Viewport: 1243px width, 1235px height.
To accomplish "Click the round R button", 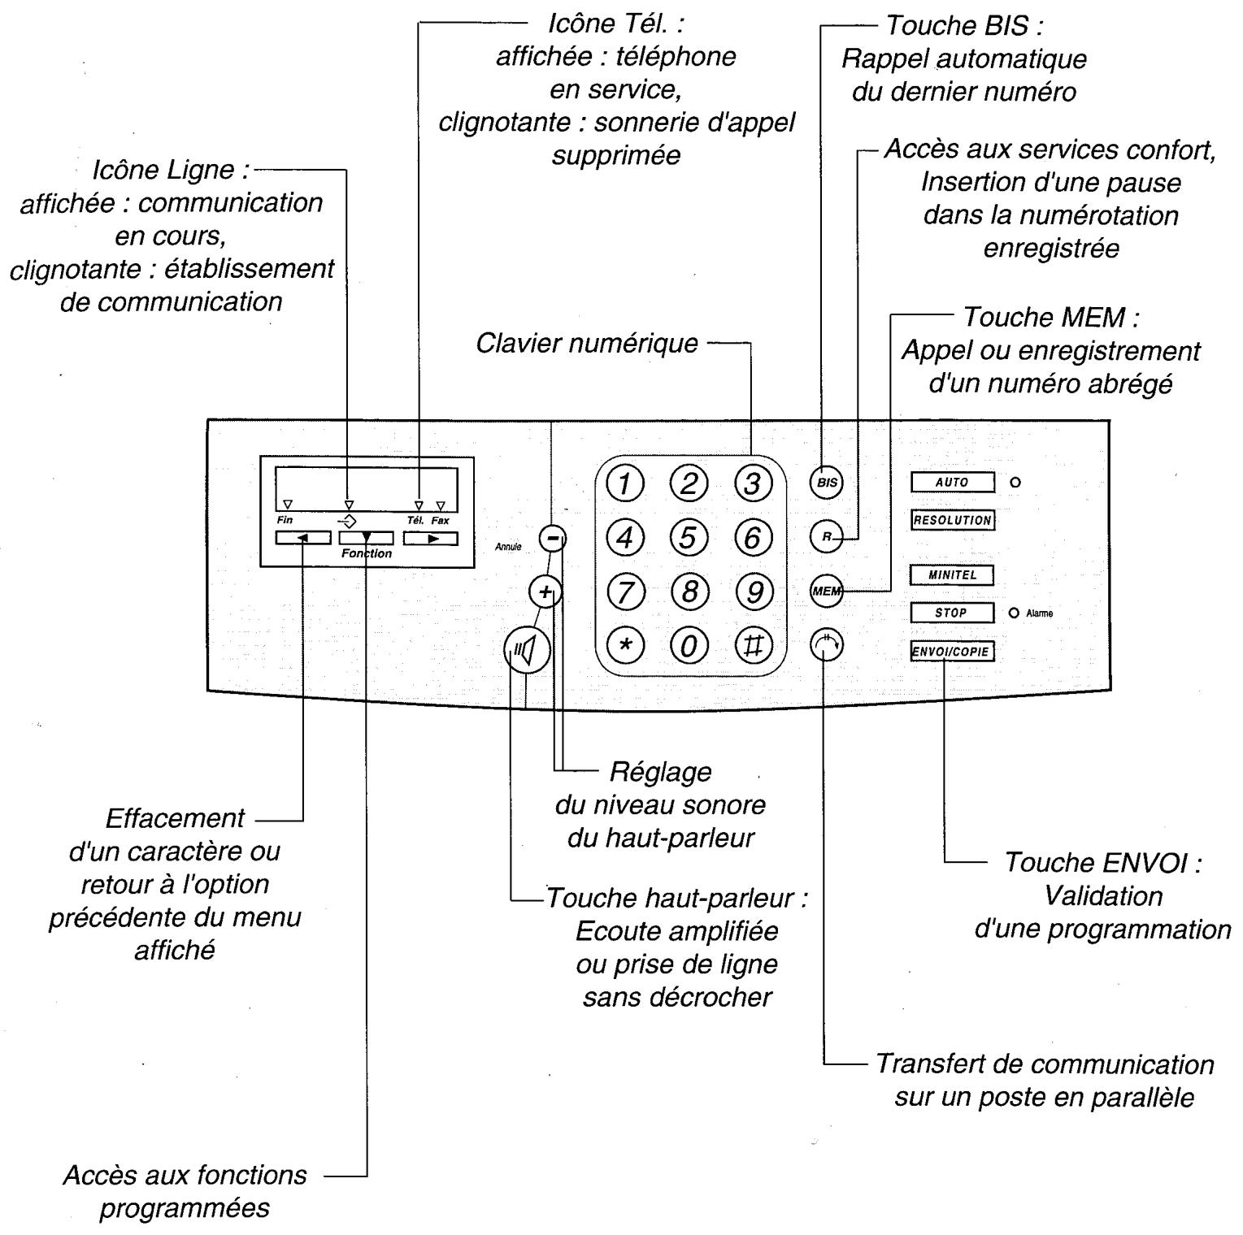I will [827, 537].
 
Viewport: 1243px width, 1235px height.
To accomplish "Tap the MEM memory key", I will [827, 591].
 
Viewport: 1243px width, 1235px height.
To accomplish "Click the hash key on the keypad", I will [754, 646].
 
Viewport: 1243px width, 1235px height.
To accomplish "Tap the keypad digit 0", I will [689, 646].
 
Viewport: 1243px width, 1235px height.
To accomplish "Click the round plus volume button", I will [545, 591].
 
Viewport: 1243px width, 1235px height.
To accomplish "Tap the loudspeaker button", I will [527, 650].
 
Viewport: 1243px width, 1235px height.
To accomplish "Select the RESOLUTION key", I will [953, 520].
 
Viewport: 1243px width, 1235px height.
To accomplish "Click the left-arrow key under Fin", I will [302, 538].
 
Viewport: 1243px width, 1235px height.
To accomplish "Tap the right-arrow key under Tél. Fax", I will [431, 538].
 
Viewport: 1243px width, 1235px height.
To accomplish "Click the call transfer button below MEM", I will [827, 646].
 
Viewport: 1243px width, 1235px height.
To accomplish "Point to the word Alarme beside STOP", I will [1040, 613].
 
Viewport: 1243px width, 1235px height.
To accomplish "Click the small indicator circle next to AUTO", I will [1015, 483].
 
